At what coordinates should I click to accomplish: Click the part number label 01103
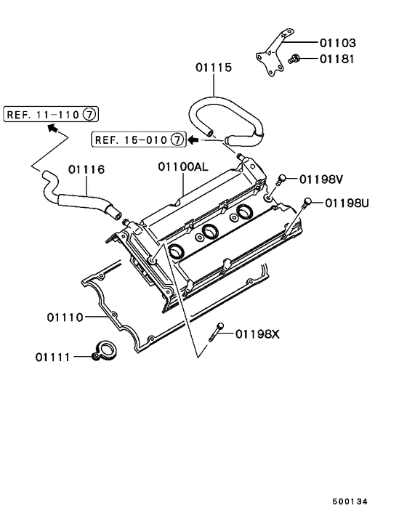tap(337, 43)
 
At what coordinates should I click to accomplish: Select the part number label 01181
tap(337, 59)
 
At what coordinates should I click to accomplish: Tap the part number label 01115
tap(213, 68)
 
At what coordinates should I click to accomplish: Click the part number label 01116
tap(87, 169)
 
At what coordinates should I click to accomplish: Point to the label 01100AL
tap(183, 166)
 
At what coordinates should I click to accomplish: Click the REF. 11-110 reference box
tap(51, 113)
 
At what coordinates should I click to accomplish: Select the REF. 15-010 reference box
tap(137, 138)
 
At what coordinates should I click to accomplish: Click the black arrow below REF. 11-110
tap(53, 129)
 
